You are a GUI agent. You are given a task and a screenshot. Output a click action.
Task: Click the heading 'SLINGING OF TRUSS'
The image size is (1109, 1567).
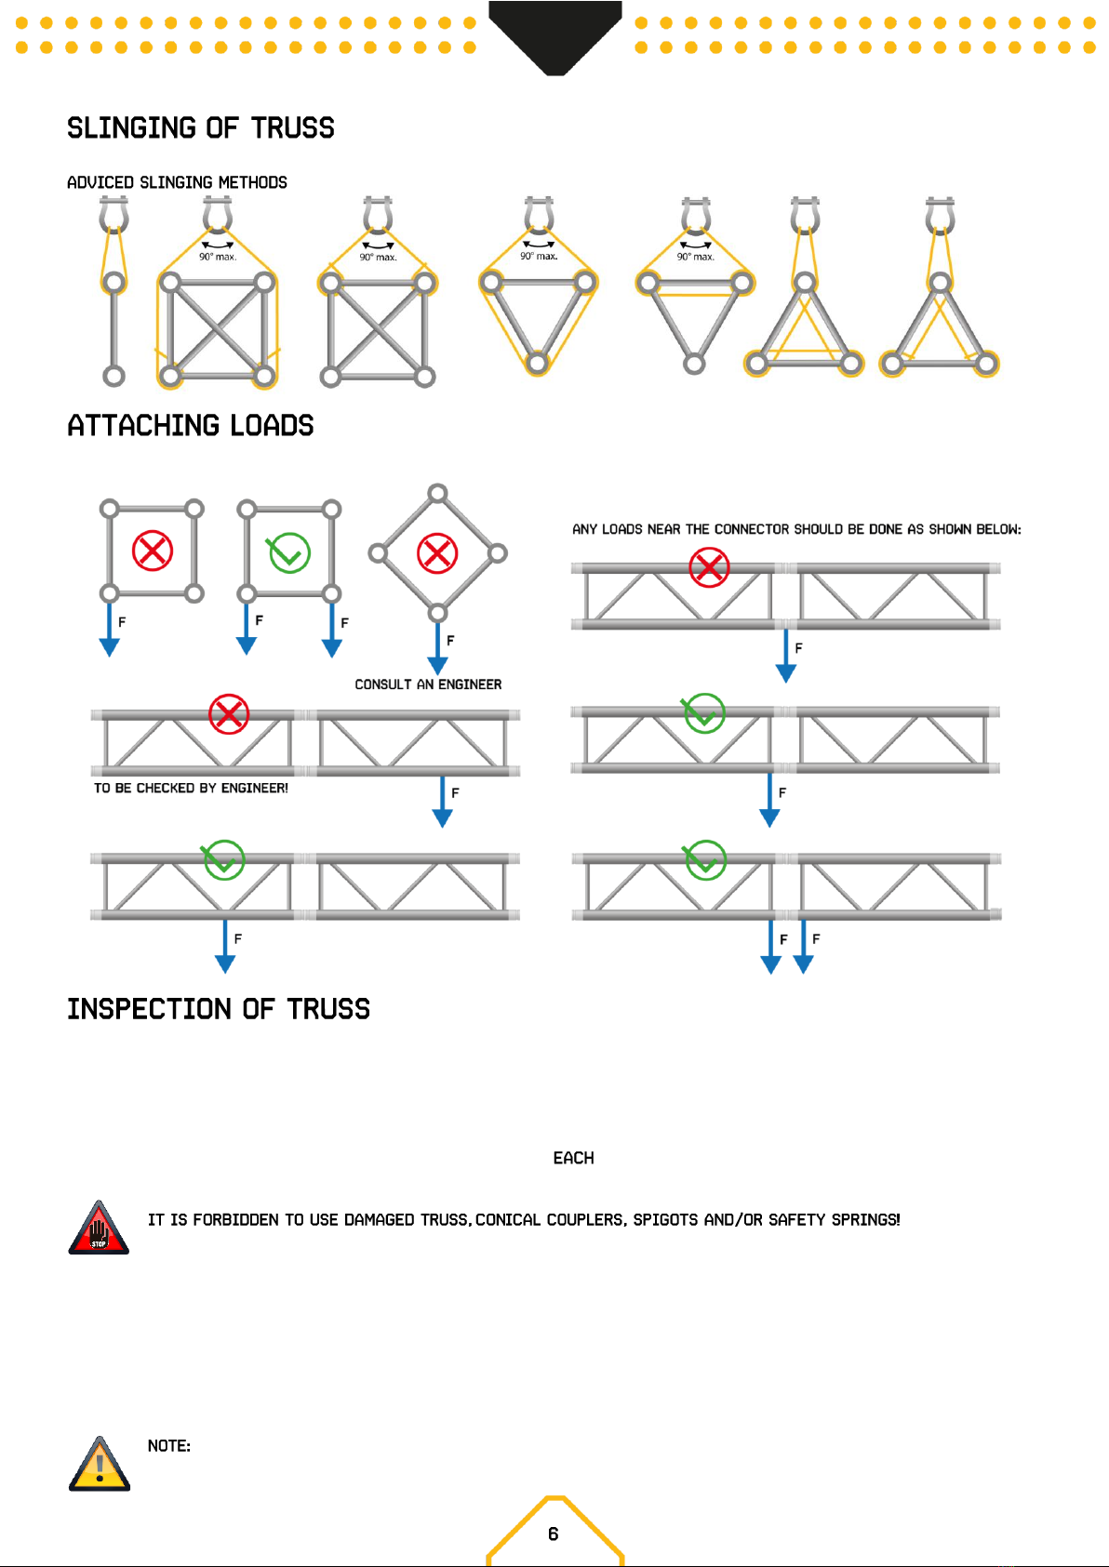tap(201, 128)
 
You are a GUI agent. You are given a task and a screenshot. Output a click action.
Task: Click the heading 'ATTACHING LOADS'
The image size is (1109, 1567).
tap(191, 426)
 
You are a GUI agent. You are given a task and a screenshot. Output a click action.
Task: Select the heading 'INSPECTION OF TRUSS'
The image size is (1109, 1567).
tap(219, 1009)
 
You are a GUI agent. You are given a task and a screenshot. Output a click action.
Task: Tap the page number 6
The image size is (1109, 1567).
tap(554, 1534)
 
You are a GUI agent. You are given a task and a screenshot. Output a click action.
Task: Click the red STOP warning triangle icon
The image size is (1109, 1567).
tap(99, 1228)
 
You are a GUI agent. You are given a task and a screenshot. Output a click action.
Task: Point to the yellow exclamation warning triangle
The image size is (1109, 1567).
tap(100, 1464)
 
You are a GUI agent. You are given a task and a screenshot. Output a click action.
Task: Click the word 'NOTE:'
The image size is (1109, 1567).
tap(169, 1446)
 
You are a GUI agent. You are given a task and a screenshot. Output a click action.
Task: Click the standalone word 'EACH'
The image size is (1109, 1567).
tap(574, 1159)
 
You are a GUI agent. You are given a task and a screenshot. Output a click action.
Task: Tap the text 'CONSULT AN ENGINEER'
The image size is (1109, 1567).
tap(428, 684)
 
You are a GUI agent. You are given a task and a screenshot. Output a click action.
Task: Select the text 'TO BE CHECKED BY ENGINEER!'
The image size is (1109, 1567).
tap(191, 789)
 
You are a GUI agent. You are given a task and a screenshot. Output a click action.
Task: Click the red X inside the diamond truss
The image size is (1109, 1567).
tap(437, 553)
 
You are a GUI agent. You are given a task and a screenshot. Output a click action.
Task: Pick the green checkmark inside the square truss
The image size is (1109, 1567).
tap(289, 552)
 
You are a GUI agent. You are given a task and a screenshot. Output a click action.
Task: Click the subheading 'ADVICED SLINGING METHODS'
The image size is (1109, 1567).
tap(177, 182)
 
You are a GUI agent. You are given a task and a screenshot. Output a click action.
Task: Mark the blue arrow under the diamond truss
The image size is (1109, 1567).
tap(438, 648)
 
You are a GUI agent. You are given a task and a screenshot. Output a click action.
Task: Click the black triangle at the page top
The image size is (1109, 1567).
tap(554, 38)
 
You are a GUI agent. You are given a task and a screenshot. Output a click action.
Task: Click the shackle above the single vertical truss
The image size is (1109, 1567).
tap(114, 214)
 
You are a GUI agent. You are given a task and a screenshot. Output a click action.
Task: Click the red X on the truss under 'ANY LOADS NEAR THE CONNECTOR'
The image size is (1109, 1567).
tap(710, 567)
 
